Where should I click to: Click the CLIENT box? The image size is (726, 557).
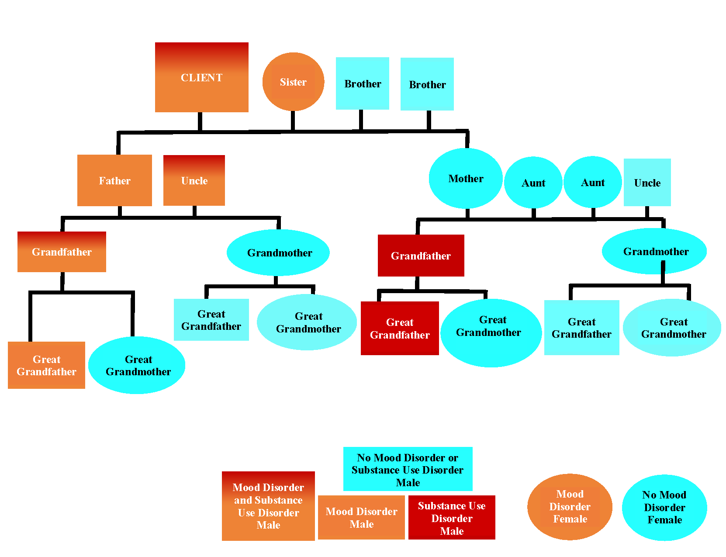point(201,77)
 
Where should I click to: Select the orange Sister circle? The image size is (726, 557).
point(293,82)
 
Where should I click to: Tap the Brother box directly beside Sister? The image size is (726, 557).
point(362,83)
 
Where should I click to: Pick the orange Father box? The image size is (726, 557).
point(114,180)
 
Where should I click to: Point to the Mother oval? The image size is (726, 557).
point(466,178)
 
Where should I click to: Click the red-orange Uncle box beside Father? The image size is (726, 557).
point(194,180)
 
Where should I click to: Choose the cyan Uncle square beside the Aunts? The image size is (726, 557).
point(647,182)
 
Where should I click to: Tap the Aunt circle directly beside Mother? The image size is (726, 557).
point(533,183)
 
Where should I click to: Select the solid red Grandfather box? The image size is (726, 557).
point(421,256)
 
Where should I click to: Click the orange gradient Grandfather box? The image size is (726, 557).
point(62,252)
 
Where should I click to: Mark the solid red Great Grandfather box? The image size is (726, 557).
point(400,328)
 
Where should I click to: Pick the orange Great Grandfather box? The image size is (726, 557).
point(46,365)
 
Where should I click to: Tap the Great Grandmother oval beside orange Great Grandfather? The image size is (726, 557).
point(137,365)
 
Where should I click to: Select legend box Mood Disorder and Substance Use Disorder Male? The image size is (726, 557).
point(268,506)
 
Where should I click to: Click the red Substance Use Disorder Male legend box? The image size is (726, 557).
point(452,518)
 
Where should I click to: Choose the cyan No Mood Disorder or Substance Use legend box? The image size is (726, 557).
point(408,469)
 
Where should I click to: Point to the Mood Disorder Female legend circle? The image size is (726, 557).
point(570,507)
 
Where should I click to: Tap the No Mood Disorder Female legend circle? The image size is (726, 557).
point(664,508)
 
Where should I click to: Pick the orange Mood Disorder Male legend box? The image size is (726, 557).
point(361,517)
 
